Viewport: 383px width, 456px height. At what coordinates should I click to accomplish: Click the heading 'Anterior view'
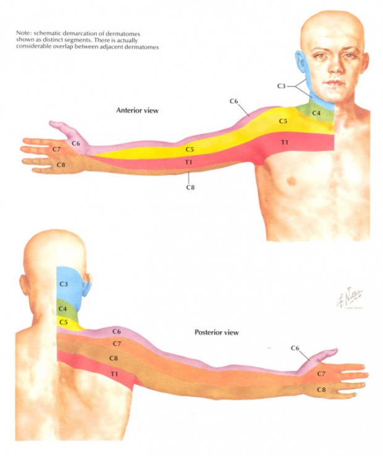(137, 111)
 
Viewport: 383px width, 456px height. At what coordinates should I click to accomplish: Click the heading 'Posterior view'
(217, 332)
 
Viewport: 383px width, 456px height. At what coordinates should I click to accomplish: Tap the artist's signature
(350, 298)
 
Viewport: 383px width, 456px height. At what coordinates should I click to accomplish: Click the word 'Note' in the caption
(23, 33)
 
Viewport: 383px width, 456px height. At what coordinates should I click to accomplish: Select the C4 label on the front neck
(316, 113)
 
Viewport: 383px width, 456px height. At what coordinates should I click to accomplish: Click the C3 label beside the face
(281, 86)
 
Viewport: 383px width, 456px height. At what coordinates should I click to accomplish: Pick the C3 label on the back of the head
(64, 284)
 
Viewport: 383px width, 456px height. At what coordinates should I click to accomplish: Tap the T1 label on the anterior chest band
(284, 142)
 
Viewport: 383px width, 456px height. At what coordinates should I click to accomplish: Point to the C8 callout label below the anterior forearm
(190, 188)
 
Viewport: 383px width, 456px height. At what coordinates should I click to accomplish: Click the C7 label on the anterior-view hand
(57, 149)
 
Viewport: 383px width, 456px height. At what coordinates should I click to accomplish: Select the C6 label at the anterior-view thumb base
(76, 143)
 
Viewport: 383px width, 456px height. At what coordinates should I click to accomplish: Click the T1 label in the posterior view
(114, 374)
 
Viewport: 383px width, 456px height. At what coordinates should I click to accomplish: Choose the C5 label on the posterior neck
(63, 322)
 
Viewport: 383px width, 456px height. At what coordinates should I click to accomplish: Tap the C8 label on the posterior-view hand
(321, 389)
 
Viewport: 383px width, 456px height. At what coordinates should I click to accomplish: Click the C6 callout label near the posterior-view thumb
(295, 348)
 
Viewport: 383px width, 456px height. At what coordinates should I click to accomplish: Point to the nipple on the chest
(292, 182)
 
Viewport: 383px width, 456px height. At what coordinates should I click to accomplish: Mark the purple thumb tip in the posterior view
(335, 350)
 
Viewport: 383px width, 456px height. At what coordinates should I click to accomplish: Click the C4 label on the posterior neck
(62, 308)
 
